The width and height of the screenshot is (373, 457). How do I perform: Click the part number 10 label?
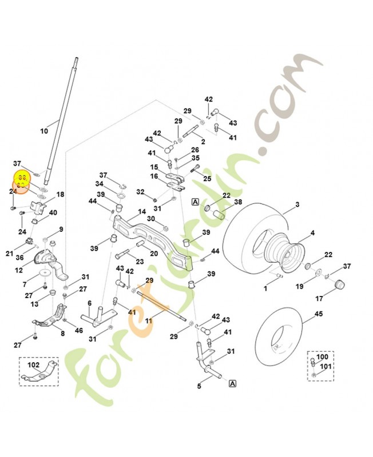point(44,131)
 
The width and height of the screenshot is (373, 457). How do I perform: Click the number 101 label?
point(326,366)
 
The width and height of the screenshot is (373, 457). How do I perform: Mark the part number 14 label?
point(141,211)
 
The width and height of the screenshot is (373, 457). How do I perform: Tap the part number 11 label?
point(148,322)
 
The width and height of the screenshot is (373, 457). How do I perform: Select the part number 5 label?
point(199,387)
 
